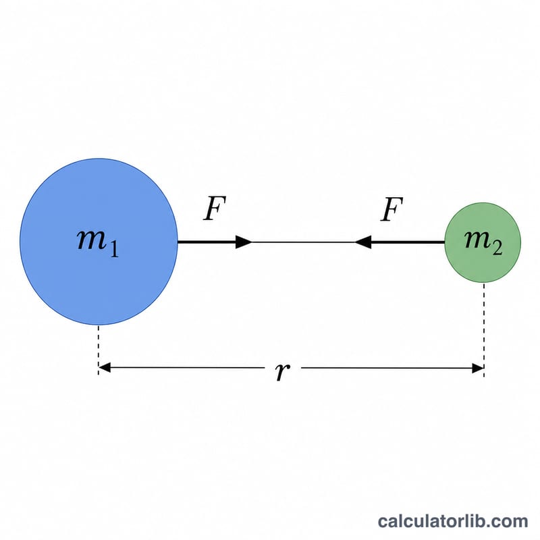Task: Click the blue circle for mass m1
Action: click(99, 242)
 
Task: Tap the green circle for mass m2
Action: click(483, 242)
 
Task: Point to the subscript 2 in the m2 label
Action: click(497, 248)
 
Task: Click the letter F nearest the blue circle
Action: click(214, 209)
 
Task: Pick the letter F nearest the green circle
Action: click(391, 209)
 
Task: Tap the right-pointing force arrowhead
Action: click(244, 242)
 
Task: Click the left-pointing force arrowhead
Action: click(363, 242)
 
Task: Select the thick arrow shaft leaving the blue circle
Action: click(207, 242)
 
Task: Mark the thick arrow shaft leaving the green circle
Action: click(408, 242)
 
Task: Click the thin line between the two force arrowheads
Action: click(303, 242)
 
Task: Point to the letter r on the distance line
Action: click(282, 372)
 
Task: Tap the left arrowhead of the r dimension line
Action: click(105, 367)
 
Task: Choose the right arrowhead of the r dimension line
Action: click(478, 368)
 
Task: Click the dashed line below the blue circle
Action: click(99, 350)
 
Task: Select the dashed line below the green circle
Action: click(484, 329)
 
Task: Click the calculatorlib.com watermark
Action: click(452, 521)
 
